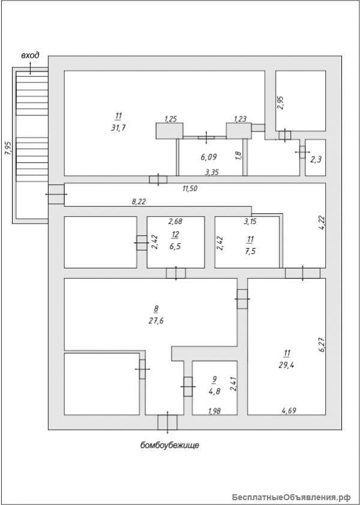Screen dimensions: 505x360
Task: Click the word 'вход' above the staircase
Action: pyautogui.click(x=30, y=56)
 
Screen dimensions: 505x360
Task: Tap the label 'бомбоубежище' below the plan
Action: pyautogui.click(x=169, y=445)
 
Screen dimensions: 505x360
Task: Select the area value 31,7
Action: pyautogui.click(x=118, y=127)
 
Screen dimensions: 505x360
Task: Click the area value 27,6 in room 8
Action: pyautogui.click(x=155, y=321)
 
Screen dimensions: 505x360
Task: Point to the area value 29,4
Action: pyautogui.click(x=286, y=363)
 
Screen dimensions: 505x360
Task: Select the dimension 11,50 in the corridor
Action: pyautogui.click(x=190, y=188)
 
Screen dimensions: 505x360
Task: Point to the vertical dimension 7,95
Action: pyautogui.click(x=7, y=148)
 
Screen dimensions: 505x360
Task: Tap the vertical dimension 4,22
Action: pyautogui.click(x=321, y=223)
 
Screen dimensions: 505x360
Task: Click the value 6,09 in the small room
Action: pyautogui.click(x=208, y=157)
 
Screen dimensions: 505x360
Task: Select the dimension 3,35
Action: pyautogui.click(x=212, y=173)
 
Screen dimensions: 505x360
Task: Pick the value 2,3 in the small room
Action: pyautogui.click(x=316, y=160)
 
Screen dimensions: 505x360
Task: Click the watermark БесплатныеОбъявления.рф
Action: pyautogui.click(x=290, y=497)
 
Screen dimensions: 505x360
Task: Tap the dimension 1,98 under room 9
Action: pyautogui.click(x=214, y=411)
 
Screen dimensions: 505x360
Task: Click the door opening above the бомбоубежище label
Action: pyautogui.click(x=167, y=422)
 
